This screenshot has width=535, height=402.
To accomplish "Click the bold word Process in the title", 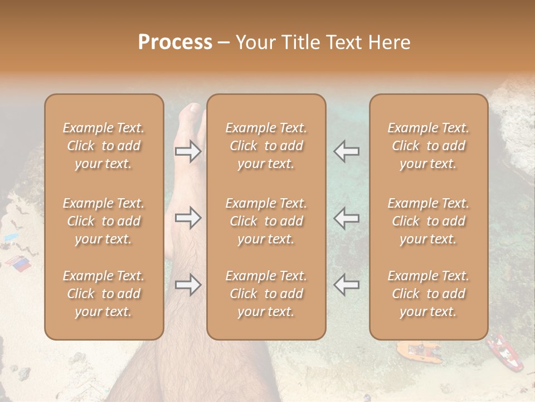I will tap(175, 42).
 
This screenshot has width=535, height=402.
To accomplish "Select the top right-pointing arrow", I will tap(188, 151).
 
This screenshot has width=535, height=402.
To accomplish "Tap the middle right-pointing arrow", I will tap(188, 218).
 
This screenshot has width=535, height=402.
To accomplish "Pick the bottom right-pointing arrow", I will tap(188, 285).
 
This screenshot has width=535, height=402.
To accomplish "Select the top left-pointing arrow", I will tap(347, 151).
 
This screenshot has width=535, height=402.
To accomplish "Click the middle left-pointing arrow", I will tap(347, 218).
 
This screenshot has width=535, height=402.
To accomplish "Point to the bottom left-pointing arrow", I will tap(347, 285).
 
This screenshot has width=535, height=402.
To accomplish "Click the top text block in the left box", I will tap(104, 146).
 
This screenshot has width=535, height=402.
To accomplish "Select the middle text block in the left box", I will tap(104, 221).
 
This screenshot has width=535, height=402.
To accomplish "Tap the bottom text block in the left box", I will tap(104, 294).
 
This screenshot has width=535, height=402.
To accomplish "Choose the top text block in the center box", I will tap(266, 146).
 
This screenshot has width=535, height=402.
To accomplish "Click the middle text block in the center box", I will tap(266, 221).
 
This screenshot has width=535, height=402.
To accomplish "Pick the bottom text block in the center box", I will tap(266, 294).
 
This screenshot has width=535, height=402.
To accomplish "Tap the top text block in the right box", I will tap(429, 146).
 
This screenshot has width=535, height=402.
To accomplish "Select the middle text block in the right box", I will tap(429, 221).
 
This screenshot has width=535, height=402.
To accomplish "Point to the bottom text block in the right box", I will tap(429, 294).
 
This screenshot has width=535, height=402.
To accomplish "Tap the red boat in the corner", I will tap(505, 352).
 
